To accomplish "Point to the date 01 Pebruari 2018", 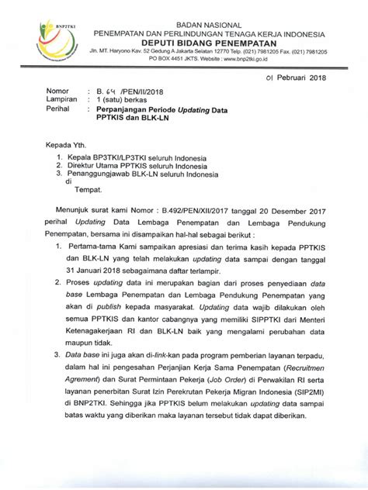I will coord(296,78).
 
